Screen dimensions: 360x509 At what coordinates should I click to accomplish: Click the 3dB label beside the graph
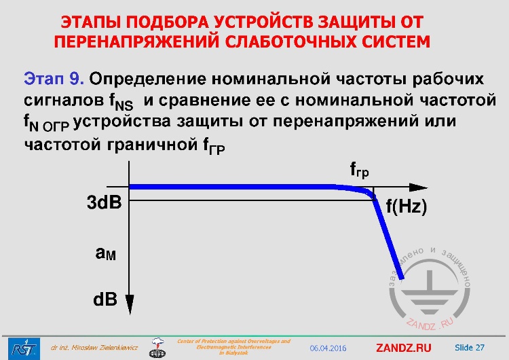point(104,202)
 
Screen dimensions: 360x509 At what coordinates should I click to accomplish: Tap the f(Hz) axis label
point(407,207)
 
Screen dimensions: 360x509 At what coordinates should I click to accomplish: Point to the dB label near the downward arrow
point(105,300)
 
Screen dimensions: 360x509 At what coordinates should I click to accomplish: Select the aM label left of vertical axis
point(106,253)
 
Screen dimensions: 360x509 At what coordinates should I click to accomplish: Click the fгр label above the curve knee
point(360,170)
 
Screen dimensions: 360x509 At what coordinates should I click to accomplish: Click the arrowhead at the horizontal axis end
point(421,187)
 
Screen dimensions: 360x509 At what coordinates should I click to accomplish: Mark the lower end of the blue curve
point(402,276)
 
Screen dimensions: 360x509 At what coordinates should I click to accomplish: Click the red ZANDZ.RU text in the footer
point(403,348)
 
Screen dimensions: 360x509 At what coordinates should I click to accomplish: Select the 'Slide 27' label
point(470,347)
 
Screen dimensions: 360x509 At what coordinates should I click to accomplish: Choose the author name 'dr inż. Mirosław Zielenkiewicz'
point(94,348)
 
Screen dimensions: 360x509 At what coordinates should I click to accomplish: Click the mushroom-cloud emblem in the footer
point(157,347)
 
